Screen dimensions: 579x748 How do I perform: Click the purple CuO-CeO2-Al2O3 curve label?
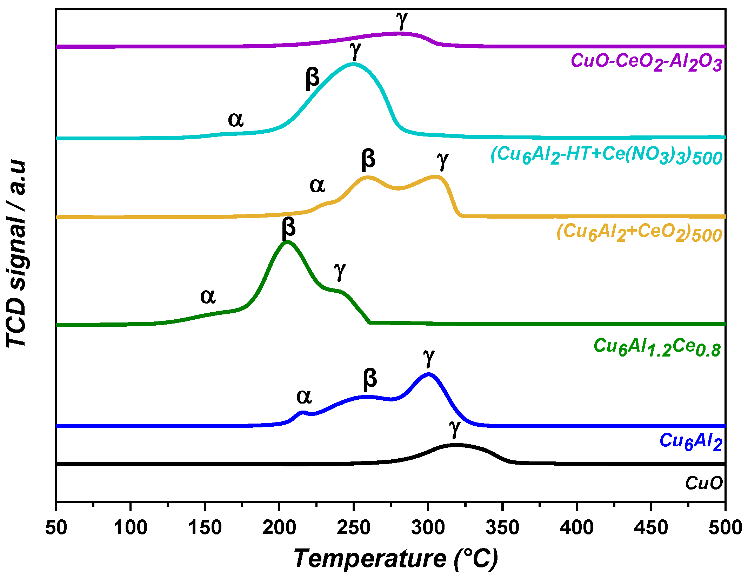point(646,62)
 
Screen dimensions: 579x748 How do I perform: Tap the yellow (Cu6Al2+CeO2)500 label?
point(639,233)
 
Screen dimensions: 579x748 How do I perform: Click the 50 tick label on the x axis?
point(56,527)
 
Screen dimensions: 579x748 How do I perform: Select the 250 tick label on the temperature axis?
point(354,527)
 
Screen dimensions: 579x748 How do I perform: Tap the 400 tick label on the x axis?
point(576,527)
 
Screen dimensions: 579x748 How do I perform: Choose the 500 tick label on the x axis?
point(725,527)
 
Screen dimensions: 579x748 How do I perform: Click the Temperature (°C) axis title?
point(396,559)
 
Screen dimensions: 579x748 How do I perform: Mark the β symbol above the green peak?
point(288,228)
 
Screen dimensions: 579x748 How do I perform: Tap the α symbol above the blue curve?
point(304,397)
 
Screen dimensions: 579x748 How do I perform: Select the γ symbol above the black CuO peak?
point(455,428)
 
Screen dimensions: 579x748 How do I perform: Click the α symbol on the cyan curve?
point(236,120)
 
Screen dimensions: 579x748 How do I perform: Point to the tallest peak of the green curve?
point(287,242)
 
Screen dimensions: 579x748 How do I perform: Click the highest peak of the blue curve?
point(428,374)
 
